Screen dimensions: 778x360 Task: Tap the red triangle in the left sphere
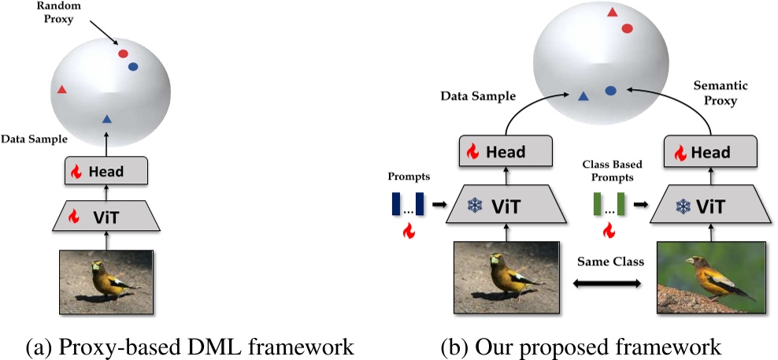(61, 89)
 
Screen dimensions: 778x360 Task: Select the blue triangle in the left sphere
(106, 119)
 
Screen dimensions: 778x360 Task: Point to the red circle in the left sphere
(123, 54)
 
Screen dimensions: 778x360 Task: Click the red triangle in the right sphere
(612, 13)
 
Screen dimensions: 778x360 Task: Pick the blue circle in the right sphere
(611, 91)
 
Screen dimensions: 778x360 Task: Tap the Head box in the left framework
(106, 172)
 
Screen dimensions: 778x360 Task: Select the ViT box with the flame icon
(106, 216)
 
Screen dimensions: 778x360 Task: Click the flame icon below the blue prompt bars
(409, 230)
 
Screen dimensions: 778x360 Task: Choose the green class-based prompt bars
(609, 204)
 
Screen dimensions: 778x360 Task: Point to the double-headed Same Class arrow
(607, 284)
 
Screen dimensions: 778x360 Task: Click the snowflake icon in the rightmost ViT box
(684, 206)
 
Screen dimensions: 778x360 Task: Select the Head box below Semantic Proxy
(711, 152)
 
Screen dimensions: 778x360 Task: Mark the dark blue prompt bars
(407, 204)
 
